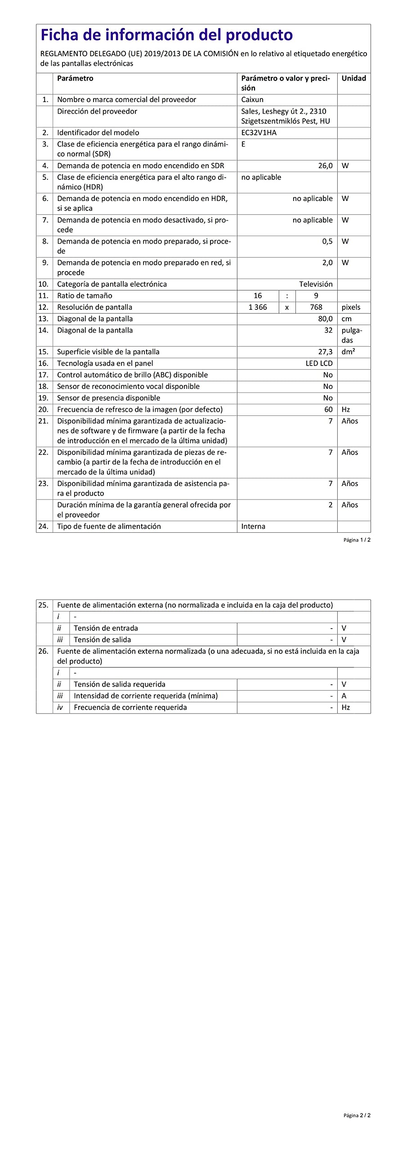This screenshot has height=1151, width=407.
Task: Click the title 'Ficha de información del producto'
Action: click(166, 35)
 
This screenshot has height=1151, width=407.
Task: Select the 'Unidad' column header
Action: click(353, 78)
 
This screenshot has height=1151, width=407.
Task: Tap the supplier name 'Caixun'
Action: click(252, 100)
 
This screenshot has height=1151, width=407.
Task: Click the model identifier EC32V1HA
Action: click(259, 133)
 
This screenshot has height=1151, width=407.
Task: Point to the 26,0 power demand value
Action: click(325, 166)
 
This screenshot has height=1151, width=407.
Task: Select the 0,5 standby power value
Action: click(327, 241)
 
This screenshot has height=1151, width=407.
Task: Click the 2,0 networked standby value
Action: click(327, 263)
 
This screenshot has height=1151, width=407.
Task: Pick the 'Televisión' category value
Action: click(316, 284)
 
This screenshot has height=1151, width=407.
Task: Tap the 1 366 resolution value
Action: click(258, 308)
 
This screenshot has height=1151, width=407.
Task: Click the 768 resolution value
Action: click(316, 308)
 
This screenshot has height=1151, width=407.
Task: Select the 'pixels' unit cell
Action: click(351, 308)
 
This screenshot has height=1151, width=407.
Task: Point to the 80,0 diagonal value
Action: click(325, 319)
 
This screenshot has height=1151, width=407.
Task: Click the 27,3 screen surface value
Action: click(325, 352)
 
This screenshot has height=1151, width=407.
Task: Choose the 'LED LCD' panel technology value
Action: click(319, 363)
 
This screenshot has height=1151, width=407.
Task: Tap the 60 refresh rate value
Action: click(328, 410)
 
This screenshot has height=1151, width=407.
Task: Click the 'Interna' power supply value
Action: click(253, 526)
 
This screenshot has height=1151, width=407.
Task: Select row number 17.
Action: click(43, 375)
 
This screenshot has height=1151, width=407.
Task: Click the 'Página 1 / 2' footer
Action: click(357, 540)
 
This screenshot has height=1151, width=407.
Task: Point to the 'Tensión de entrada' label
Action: click(106, 629)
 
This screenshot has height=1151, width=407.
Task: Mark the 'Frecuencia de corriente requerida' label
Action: click(130, 708)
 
